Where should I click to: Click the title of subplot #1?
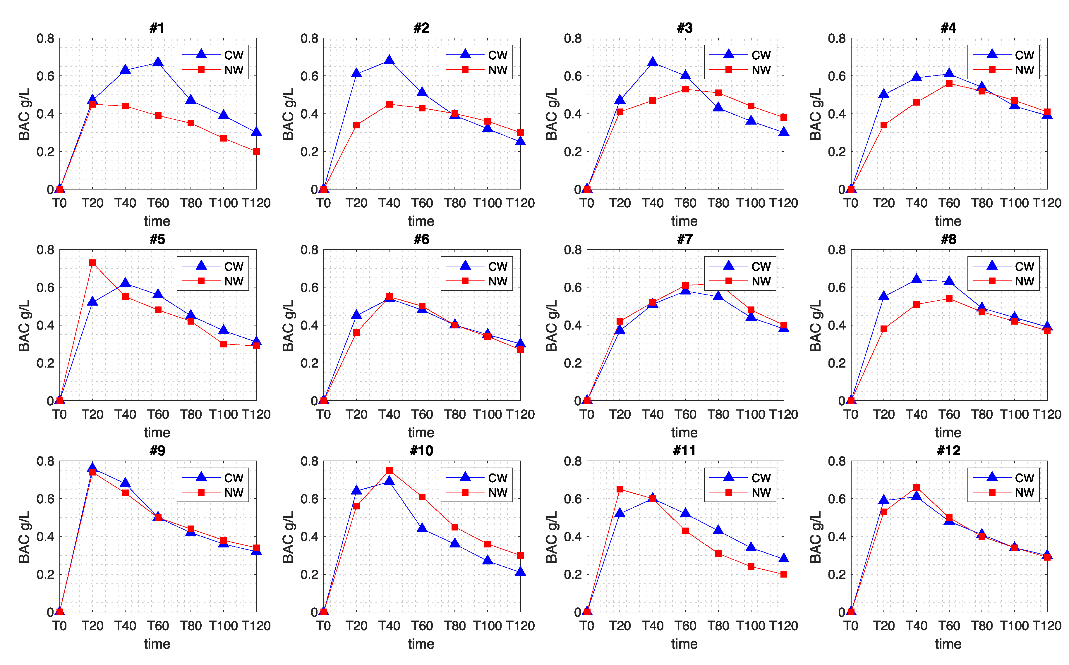pos(157,28)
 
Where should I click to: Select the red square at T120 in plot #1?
pos(256,151)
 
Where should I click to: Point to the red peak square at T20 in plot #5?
pos(92,263)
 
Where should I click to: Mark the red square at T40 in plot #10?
pos(389,470)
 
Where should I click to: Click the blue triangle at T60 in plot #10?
pos(422,528)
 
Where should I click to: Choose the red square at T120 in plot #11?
pos(783,574)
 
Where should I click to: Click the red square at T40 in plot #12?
pos(916,487)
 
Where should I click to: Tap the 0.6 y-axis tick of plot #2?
pos(309,76)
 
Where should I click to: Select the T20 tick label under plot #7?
pos(620,414)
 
